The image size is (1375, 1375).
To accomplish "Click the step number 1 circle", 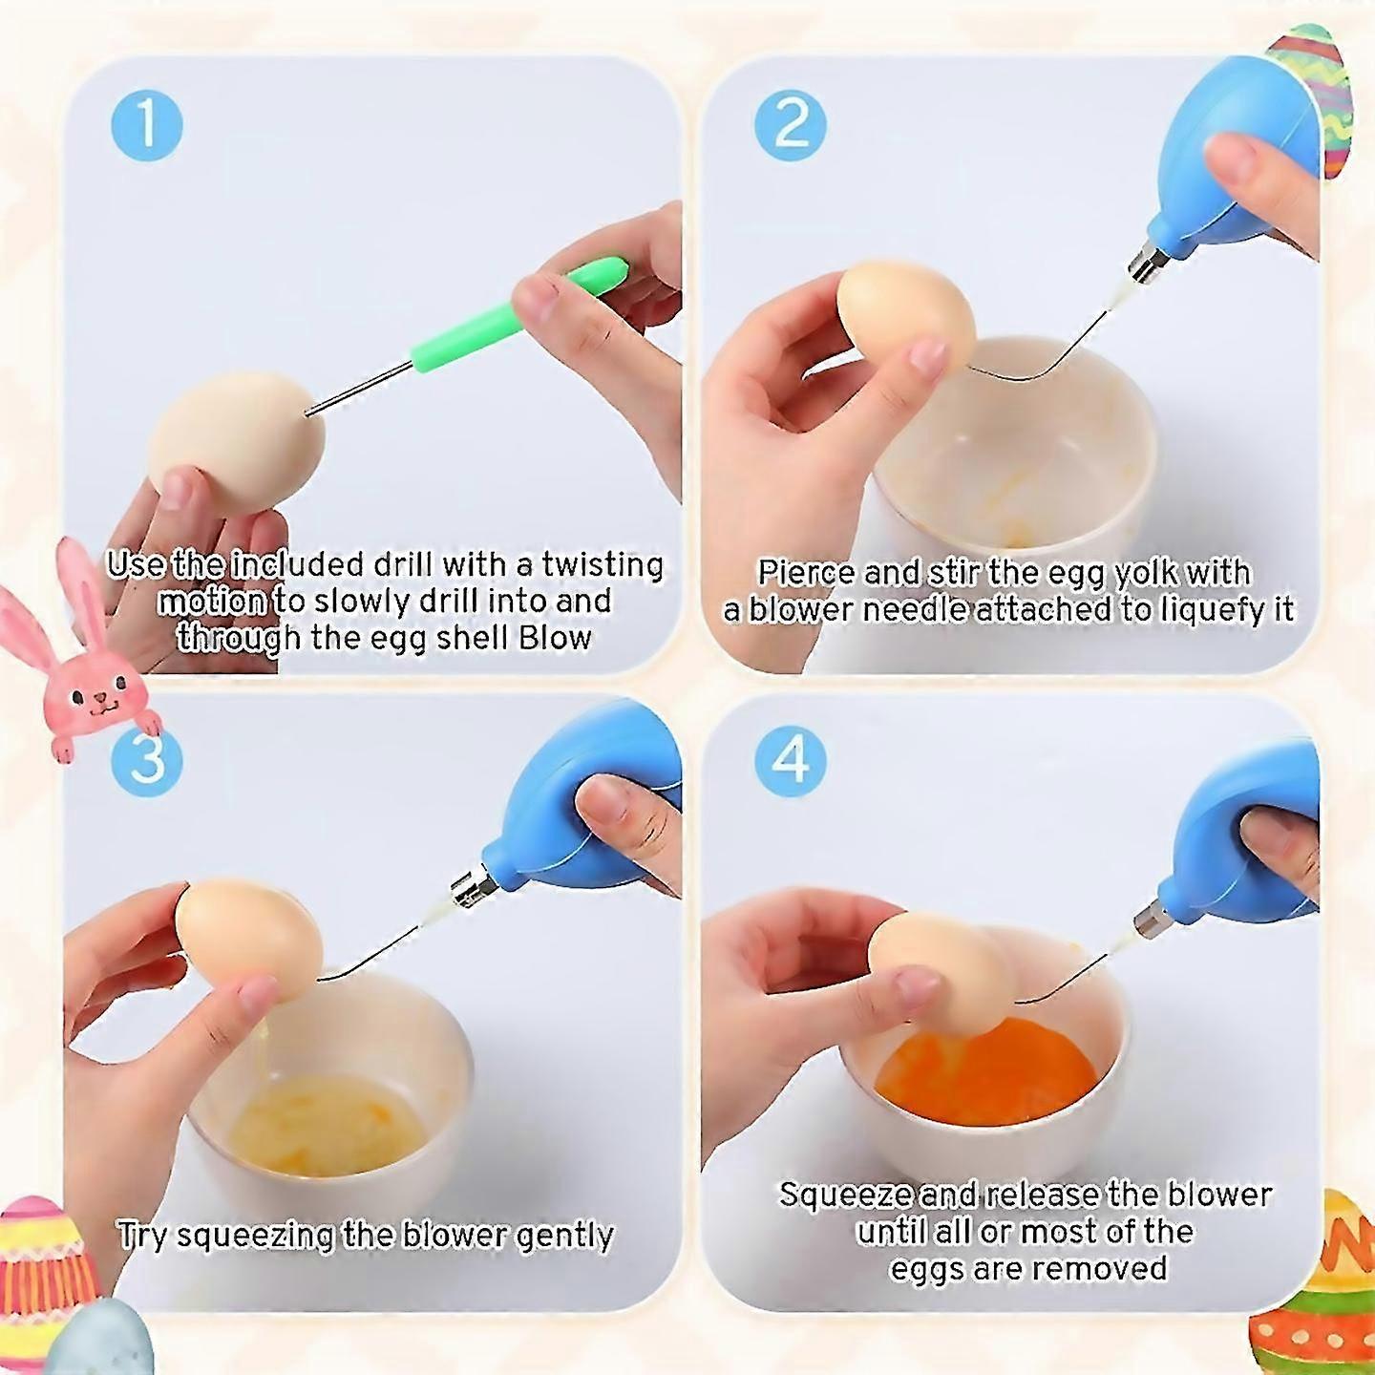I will tap(147, 125).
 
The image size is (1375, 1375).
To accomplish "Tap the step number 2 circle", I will tap(790, 125).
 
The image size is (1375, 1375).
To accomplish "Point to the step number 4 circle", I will tap(790, 761).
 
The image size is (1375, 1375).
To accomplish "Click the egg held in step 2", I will tap(902, 315).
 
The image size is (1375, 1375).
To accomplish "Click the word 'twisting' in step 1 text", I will tap(603, 565).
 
